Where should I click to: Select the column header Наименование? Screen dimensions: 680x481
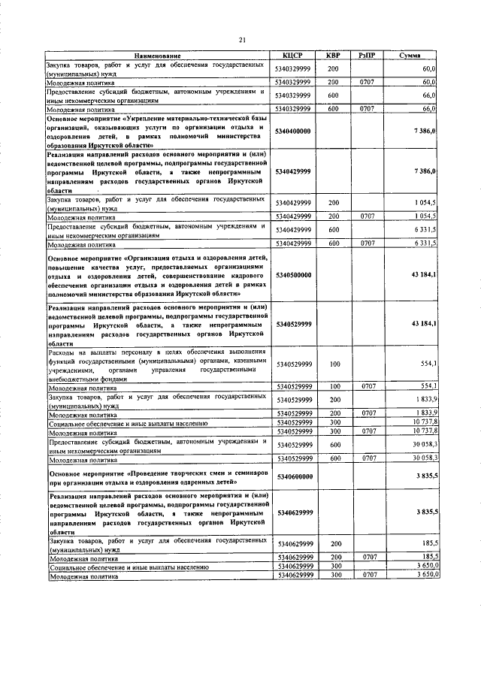click(x=158, y=56)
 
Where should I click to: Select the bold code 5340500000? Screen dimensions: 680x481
click(x=292, y=276)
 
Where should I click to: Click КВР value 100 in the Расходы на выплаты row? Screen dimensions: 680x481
click(x=334, y=364)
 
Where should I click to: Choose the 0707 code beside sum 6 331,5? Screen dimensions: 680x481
click(x=368, y=244)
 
